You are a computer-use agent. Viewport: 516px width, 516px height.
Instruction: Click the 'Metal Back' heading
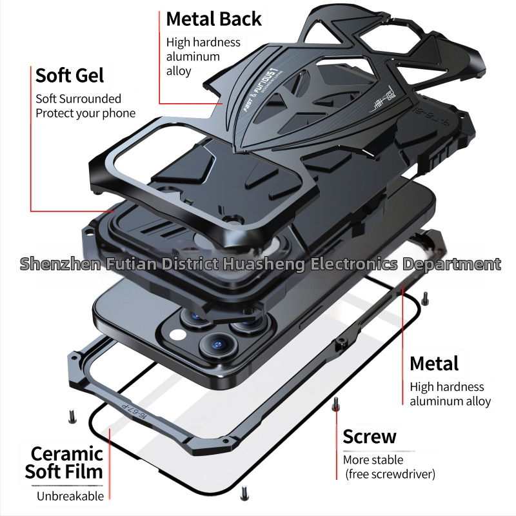(x=213, y=18)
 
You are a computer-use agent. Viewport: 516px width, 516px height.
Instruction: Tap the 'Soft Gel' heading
(x=70, y=75)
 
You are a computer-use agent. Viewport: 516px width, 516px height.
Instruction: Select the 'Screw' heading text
(x=369, y=437)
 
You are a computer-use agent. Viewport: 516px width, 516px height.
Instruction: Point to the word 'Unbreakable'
(x=70, y=496)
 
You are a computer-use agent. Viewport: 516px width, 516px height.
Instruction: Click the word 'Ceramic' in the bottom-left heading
(x=67, y=453)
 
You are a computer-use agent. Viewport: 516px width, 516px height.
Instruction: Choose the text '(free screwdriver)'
(x=389, y=475)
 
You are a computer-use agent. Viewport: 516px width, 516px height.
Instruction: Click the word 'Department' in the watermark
(x=451, y=264)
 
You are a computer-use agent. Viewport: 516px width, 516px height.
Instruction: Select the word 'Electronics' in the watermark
(x=355, y=264)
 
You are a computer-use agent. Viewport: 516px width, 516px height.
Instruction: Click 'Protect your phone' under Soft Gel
(x=85, y=114)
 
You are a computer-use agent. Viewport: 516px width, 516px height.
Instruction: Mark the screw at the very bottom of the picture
(x=244, y=494)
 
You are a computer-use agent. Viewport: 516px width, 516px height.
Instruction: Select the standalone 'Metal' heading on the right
(x=433, y=363)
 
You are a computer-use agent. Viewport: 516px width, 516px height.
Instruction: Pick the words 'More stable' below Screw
(x=373, y=460)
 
